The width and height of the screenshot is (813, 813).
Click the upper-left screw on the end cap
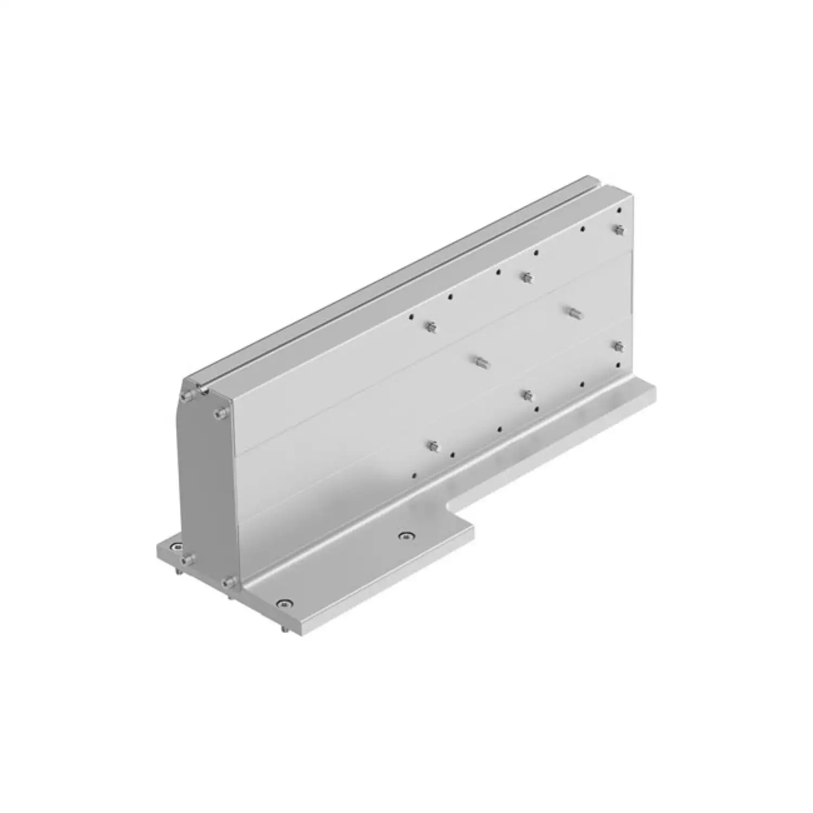click(x=187, y=397)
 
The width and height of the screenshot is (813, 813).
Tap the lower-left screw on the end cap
click(x=188, y=559)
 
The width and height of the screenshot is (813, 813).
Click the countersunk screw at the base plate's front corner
click(x=283, y=603)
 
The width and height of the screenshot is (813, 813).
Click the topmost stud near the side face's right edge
click(x=618, y=230)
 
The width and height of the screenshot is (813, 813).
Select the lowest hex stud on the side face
click(x=432, y=447)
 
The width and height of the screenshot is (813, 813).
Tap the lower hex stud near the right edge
click(x=617, y=346)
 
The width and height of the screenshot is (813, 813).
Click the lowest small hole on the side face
click(x=414, y=475)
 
